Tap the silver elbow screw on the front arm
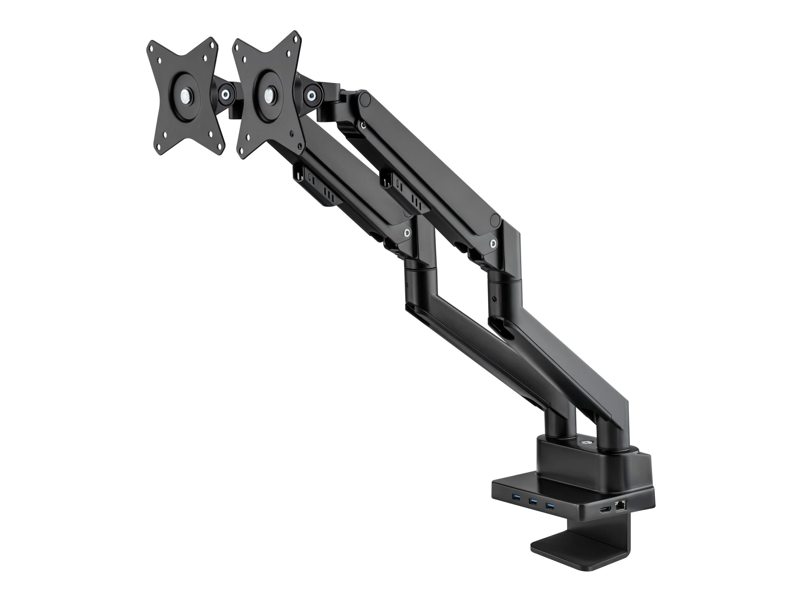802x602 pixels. click(x=407, y=233)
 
